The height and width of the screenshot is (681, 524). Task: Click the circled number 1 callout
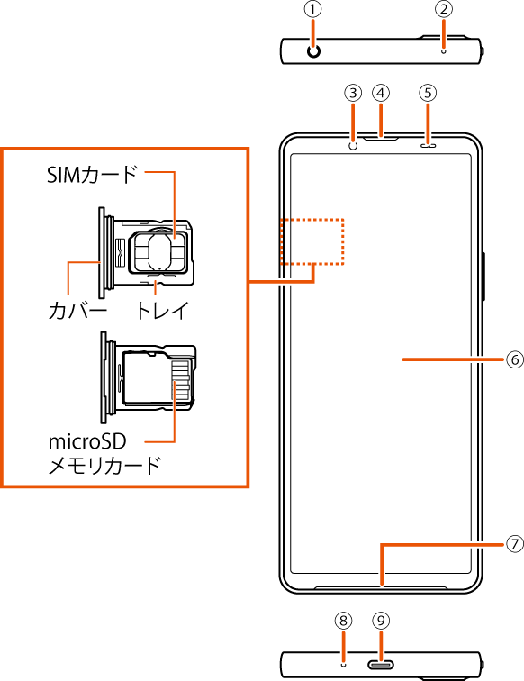click(313, 10)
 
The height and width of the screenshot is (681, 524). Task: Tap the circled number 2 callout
click(444, 10)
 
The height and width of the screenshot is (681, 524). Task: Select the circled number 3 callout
click(353, 93)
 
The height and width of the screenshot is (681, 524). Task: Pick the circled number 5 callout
click(428, 93)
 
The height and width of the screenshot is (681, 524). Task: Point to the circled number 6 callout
click(515, 359)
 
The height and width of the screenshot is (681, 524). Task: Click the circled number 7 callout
click(515, 544)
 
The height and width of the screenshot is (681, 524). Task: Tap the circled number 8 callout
click(343, 621)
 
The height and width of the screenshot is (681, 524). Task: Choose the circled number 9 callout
click(381, 621)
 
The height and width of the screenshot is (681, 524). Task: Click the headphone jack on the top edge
click(313, 51)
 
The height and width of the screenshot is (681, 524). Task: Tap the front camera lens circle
click(354, 146)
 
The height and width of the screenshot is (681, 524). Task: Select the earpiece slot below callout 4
click(381, 139)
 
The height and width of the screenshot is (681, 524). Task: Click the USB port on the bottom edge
click(381, 665)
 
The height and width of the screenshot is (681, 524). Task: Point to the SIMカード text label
click(92, 175)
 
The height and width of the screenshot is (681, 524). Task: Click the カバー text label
click(77, 311)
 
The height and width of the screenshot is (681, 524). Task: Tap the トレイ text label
click(162, 310)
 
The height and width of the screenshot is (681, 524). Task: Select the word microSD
click(87, 441)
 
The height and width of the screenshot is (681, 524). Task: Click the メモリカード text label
click(104, 466)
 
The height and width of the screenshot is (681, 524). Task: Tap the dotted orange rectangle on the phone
click(312, 219)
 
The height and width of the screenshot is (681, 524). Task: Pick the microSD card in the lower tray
click(158, 378)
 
